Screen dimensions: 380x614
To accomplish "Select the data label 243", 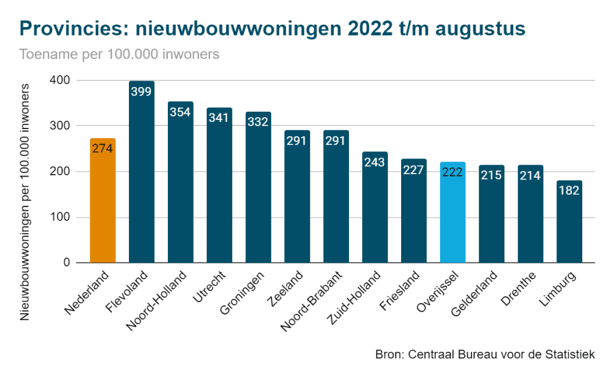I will tap(375, 163).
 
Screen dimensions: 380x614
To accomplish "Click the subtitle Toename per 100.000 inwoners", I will tap(119, 54).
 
